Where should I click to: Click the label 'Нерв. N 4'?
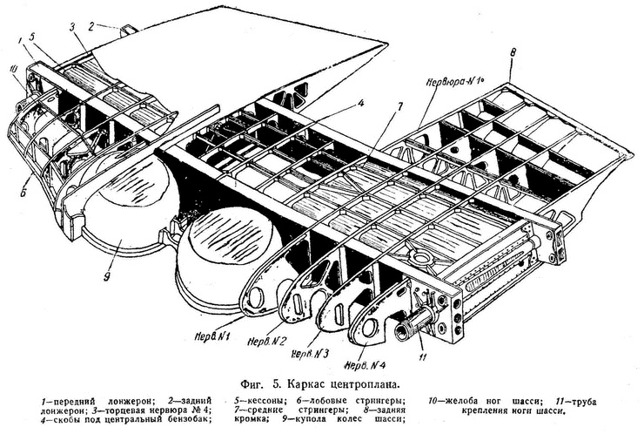tap(365, 363)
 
